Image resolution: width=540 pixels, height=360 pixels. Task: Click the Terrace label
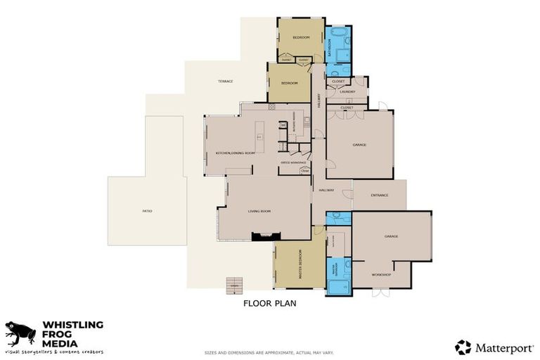(x=226, y=82)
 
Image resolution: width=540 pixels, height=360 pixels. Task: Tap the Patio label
(x=147, y=211)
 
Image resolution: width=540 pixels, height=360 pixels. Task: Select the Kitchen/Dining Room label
(x=235, y=153)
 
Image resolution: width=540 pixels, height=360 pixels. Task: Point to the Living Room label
(x=259, y=211)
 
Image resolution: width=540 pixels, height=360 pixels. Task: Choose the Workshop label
(x=382, y=274)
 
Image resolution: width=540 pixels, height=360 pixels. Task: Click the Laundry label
(x=347, y=91)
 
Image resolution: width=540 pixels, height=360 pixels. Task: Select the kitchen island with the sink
(x=259, y=137)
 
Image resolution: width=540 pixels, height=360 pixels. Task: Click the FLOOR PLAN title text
(x=270, y=304)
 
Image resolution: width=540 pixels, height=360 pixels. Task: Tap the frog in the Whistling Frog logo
(x=21, y=333)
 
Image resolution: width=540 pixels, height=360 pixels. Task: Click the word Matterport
(x=501, y=347)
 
